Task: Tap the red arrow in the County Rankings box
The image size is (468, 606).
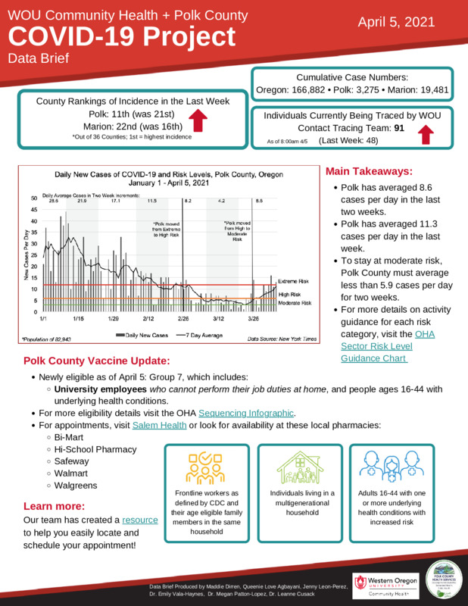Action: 198,121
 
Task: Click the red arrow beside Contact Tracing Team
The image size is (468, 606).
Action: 425,134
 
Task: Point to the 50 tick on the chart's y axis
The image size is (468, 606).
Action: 34,198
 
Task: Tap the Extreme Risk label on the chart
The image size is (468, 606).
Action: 295,281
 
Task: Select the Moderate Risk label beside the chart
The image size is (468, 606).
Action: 295,303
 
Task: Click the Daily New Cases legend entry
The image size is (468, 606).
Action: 141,334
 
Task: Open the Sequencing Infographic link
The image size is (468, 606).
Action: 245,413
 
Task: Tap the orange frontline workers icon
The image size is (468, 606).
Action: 202,469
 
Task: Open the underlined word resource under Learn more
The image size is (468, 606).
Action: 140,520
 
